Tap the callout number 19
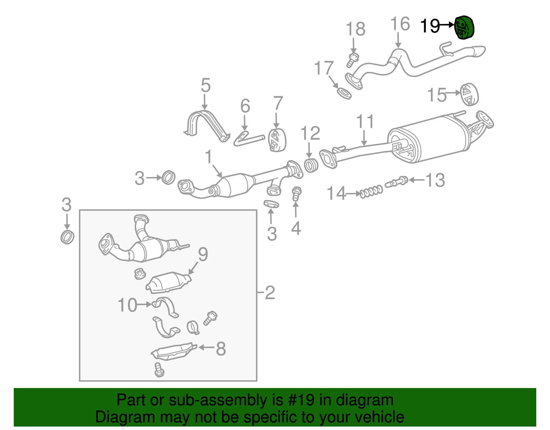pyautogui.click(x=430, y=26)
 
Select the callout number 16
pyautogui.click(x=400, y=24)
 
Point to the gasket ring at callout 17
pyautogui.click(x=344, y=93)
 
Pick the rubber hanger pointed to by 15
pyautogui.click(x=469, y=94)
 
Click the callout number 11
pyautogui.click(x=365, y=122)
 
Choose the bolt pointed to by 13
pyautogui.click(x=396, y=181)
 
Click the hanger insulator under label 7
pyautogui.click(x=277, y=140)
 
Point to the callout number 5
pyautogui.click(x=205, y=85)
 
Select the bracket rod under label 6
pyautogui.click(x=249, y=139)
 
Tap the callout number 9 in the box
pyautogui.click(x=203, y=254)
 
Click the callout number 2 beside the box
pyautogui.click(x=270, y=293)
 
